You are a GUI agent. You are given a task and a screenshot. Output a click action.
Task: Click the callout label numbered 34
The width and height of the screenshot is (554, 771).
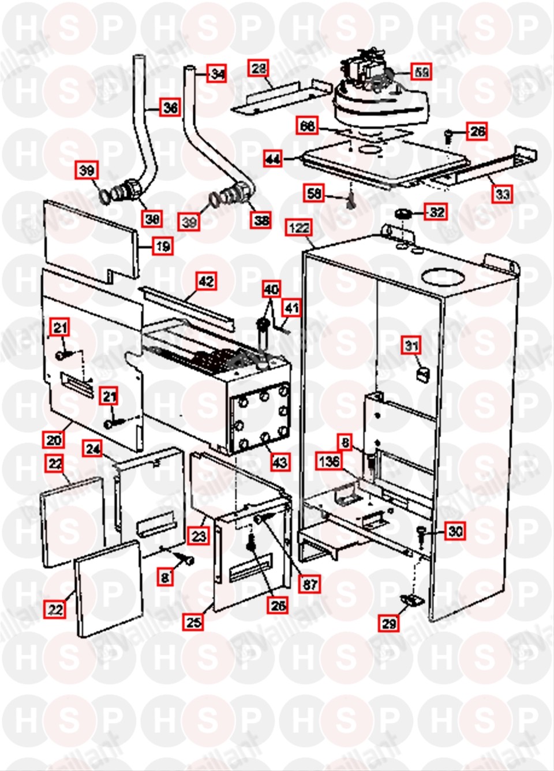click(217, 73)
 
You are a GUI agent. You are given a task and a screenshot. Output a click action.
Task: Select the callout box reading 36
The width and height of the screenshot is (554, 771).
click(170, 107)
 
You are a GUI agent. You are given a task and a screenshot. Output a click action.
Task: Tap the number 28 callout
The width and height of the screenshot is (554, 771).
click(259, 68)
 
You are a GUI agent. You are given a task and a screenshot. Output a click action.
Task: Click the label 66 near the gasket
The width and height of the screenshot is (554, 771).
click(308, 125)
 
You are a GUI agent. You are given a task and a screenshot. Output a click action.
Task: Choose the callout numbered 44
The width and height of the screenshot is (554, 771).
click(273, 158)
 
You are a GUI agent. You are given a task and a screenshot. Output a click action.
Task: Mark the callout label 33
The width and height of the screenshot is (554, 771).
click(503, 193)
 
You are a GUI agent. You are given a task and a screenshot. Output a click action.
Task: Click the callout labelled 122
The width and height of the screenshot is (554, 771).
click(298, 228)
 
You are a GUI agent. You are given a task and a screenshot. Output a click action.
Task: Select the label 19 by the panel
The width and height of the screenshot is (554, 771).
click(163, 246)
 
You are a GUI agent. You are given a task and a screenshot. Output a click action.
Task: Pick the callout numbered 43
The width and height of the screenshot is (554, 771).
click(279, 462)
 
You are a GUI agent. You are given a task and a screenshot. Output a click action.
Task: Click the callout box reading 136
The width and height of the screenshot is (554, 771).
click(329, 461)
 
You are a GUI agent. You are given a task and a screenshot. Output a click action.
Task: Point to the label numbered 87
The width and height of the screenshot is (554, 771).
click(310, 584)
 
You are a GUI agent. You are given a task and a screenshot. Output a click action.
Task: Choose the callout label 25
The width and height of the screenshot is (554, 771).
click(193, 621)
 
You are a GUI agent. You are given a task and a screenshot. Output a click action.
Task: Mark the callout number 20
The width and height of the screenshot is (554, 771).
click(54, 439)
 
